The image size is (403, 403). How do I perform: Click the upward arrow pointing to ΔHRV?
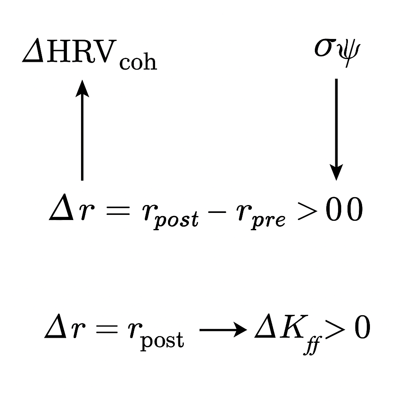point(82,130)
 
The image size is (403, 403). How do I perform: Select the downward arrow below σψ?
point(336,129)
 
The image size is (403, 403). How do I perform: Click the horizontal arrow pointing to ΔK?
point(223,329)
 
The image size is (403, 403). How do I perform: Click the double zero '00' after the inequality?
point(344,209)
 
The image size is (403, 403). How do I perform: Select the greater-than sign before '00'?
point(308,211)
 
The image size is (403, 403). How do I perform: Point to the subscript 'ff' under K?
point(312,346)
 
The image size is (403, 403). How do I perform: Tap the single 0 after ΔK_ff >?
point(362,327)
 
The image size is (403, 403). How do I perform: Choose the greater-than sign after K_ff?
point(335,329)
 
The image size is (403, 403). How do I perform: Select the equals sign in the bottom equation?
point(106,329)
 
